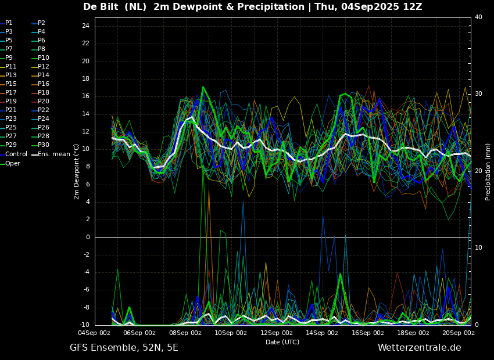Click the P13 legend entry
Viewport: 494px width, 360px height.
pos(9,75)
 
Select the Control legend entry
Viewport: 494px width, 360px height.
pos(13,154)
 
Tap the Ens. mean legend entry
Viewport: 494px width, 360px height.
pos(51,154)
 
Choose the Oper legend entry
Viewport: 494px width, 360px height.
pos(10,164)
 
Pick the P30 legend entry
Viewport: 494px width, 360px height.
pos(41,145)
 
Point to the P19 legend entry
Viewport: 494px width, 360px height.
pos(9,102)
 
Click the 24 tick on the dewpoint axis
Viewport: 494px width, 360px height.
pos(85,26)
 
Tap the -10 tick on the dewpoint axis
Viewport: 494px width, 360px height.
pos(84,325)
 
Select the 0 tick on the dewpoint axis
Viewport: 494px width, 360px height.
pos(88,237)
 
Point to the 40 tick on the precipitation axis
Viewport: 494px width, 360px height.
pos(478,17)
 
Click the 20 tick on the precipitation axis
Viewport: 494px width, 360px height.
pos(478,171)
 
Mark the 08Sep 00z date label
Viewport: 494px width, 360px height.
pos(185,333)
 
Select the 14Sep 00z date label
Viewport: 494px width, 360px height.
pos(321,333)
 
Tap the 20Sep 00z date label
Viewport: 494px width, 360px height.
pos(459,333)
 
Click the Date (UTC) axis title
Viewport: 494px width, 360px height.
pos(282,342)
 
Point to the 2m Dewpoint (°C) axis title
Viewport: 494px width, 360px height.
pos(76,172)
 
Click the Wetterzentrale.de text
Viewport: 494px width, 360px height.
pos(420,348)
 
